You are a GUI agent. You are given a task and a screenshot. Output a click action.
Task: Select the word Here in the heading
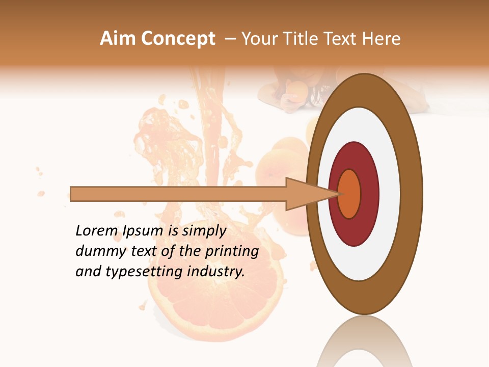click(x=382, y=39)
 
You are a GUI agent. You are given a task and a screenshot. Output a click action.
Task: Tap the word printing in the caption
click(x=232, y=252)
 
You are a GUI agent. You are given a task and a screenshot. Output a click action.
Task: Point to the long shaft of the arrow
click(x=178, y=194)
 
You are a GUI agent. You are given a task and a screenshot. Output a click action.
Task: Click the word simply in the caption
click(x=204, y=231)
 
